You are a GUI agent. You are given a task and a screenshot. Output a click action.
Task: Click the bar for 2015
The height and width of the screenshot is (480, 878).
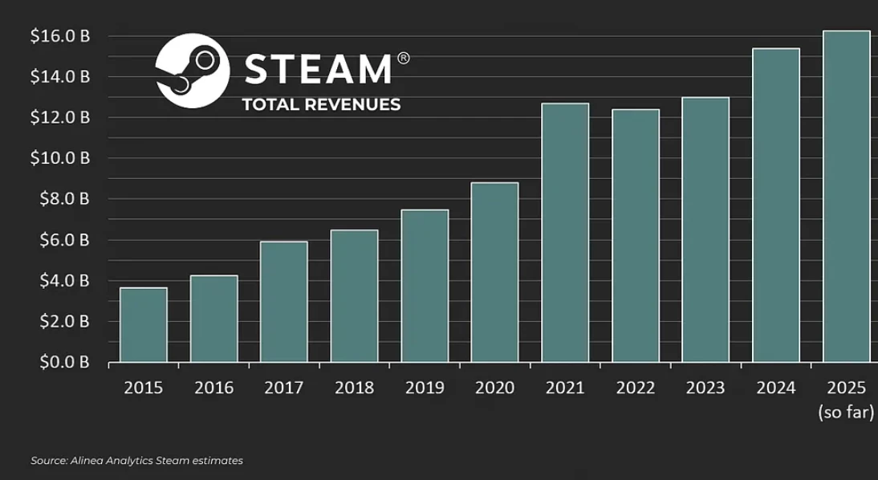(x=144, y=324)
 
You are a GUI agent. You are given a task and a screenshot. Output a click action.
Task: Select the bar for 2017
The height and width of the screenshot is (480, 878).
(x=284, y=301)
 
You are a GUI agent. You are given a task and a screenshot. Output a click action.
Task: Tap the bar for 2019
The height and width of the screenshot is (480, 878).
(x=425, y=285)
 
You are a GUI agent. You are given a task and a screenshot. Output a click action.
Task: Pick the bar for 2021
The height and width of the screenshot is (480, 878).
(x=565, y=232)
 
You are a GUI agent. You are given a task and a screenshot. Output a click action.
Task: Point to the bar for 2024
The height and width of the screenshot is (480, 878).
(x=776, y=205)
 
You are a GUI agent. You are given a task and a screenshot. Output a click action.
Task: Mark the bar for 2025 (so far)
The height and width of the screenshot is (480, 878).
(x=847, y=196)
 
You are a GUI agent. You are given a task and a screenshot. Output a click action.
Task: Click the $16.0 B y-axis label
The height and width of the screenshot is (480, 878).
(x=59, y=36)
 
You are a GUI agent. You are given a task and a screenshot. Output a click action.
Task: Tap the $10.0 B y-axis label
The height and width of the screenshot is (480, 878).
(x=59, y=158)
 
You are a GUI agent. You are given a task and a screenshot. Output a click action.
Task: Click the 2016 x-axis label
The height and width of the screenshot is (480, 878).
(x=213, y=388)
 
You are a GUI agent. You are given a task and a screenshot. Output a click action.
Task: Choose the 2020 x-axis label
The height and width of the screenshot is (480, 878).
(x=494, y=388)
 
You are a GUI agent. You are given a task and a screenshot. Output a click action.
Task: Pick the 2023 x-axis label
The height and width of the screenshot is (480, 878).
(x=705, y=388)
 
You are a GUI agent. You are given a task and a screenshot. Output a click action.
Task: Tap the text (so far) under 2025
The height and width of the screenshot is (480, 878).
(x=846, y=413)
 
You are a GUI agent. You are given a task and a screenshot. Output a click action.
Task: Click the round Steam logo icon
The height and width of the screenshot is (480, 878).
(x=193, y=70)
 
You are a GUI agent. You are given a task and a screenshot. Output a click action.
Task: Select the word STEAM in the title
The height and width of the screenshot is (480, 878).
(x=318, y=70)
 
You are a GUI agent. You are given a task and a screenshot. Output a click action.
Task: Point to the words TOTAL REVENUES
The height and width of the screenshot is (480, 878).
(x=321, y=105)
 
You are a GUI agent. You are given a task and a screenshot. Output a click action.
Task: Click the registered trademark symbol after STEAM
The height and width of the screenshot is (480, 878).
(x=403, y=58)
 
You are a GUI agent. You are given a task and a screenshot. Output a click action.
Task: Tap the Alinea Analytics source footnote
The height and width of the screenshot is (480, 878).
(x=136, y=461)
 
